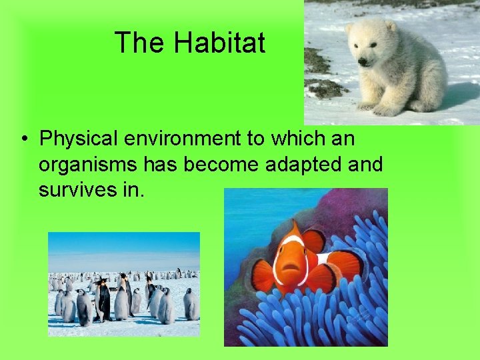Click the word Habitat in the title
(x=220, y=43)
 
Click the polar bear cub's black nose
(x=362, y=61)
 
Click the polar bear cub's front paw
(x=367, y=105)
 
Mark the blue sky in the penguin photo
(x=123, y=250)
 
